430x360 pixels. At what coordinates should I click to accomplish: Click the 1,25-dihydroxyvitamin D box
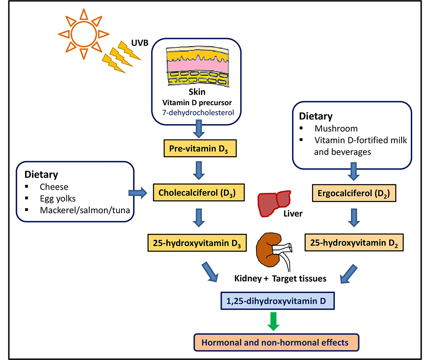[276, 301]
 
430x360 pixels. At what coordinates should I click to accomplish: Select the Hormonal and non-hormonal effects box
[276, 343]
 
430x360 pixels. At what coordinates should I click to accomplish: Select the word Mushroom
[336, 129]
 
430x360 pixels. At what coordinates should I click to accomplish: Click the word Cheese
[54, 186]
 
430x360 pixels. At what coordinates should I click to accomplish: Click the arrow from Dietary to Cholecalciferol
[137, 194]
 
